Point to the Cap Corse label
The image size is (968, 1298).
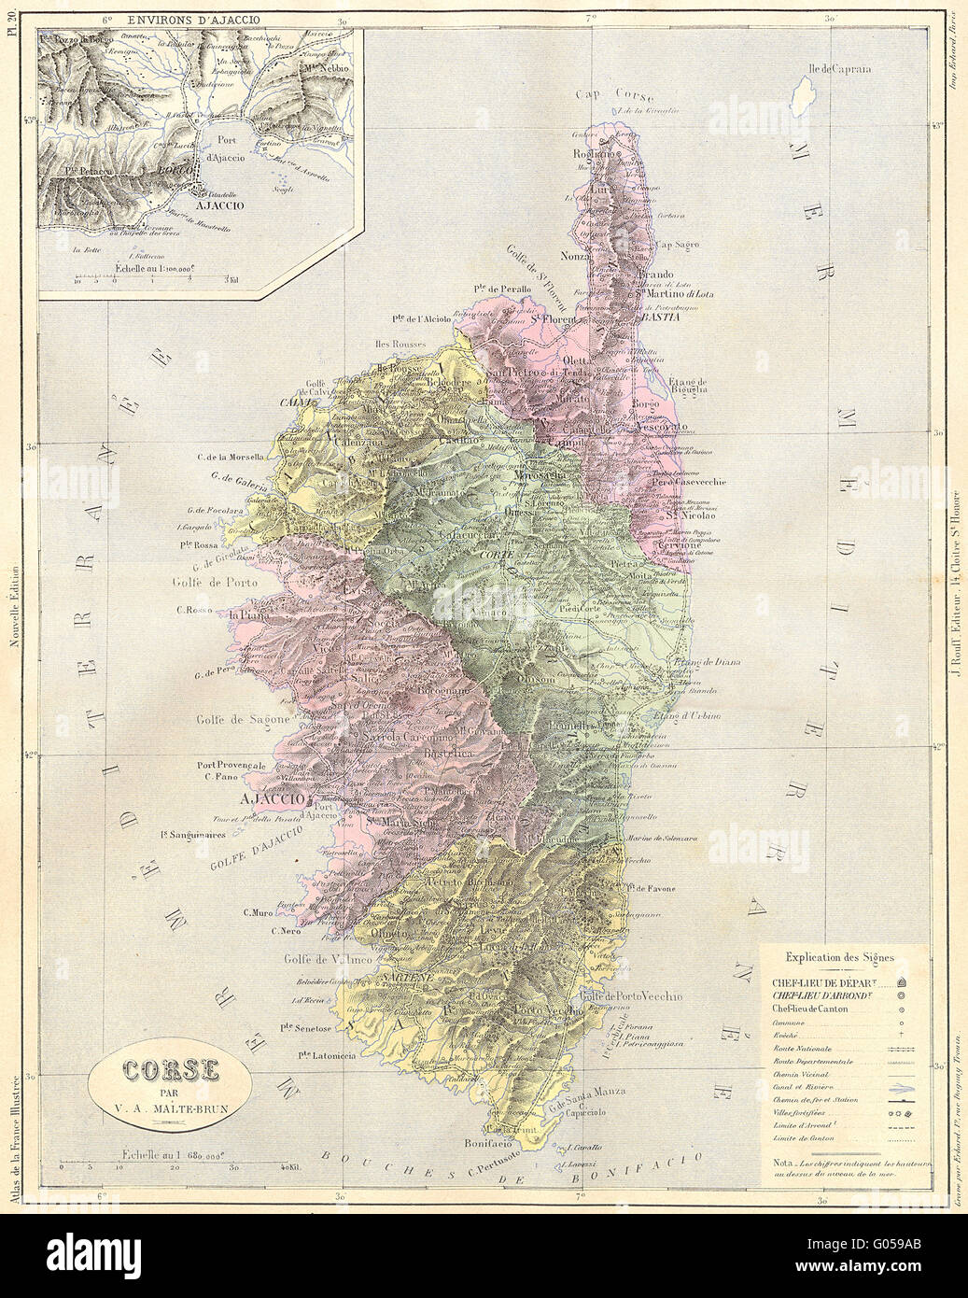point(614,95)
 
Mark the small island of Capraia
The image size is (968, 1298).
point(801,94)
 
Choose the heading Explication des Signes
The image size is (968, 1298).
point(839,957)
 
